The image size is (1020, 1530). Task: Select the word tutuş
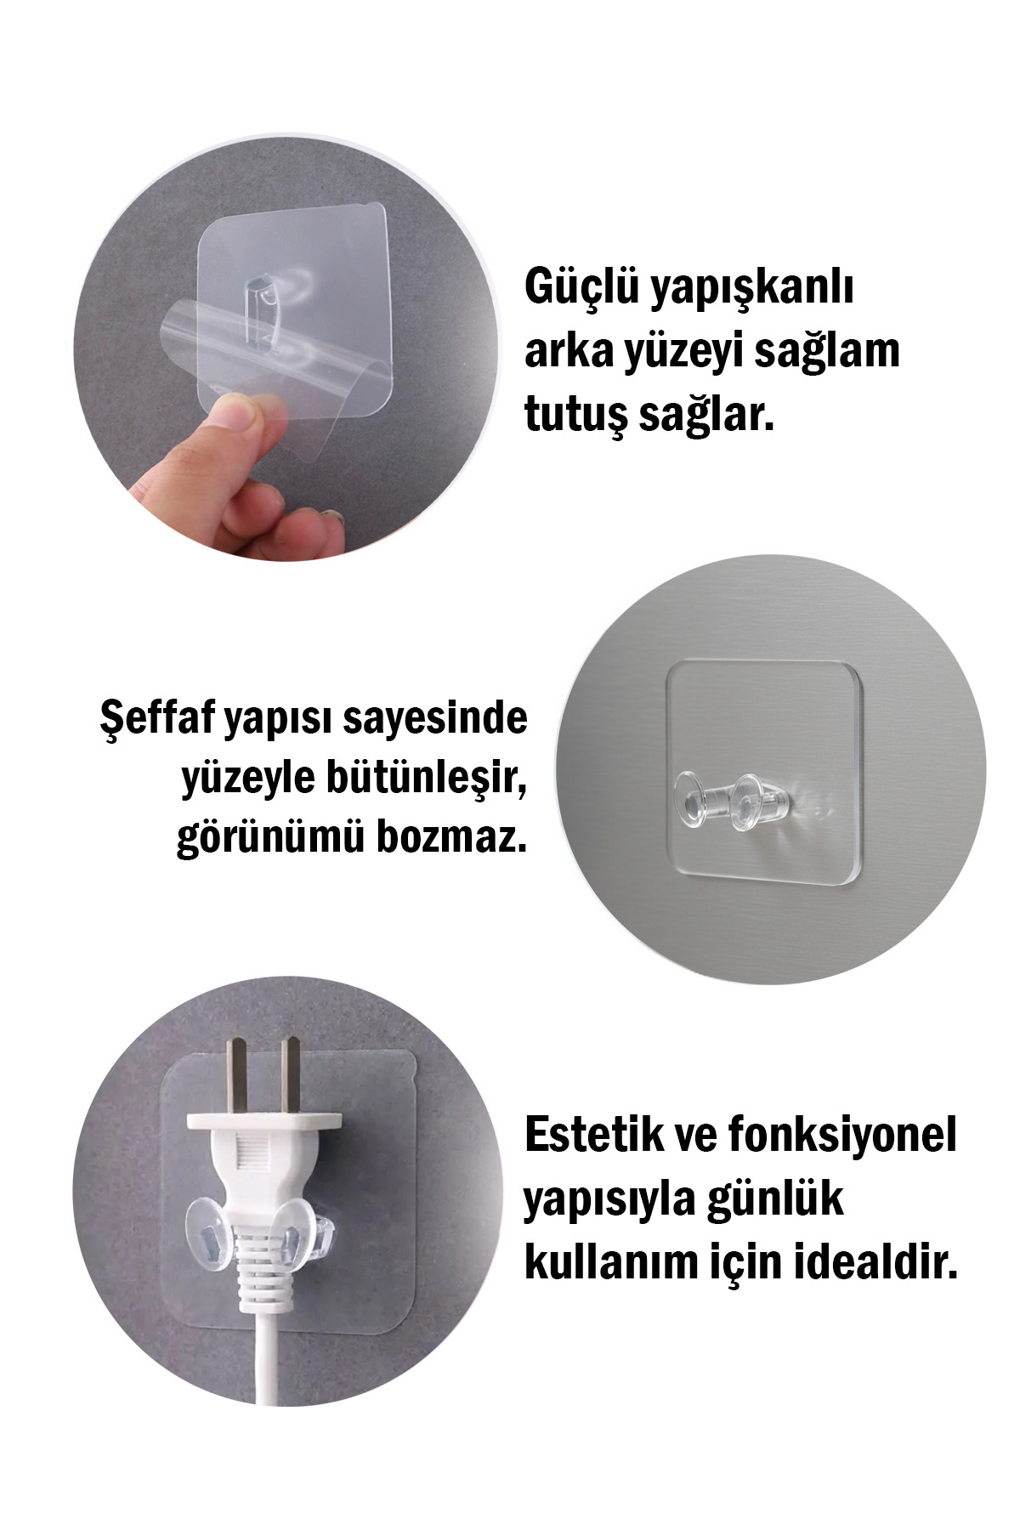tap(575, 419)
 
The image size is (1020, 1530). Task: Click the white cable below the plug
tap(263, 1376)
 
